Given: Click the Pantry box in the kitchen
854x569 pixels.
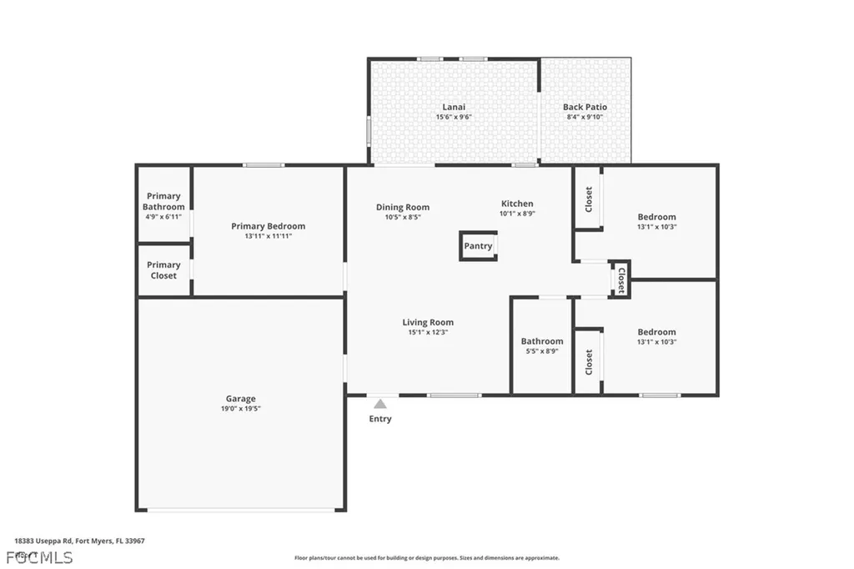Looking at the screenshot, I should [x=478, y=246].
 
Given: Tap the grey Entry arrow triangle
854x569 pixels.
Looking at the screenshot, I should [x=380, y=404].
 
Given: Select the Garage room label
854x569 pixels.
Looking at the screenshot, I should [x=240, y=399].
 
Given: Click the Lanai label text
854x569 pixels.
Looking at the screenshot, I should [x=454, y=107].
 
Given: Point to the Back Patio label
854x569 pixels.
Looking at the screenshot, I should [x=585, y=107].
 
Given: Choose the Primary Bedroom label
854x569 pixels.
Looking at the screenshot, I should [x=268, y=226].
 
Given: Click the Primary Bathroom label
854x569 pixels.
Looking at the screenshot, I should [x=163, y=201].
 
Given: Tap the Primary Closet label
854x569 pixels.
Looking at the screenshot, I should [x=163, y=269].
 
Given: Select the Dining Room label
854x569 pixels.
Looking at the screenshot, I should [x=403, y=207].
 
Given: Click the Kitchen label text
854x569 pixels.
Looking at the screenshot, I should [x=517, y=204].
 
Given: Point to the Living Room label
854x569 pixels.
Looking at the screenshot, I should [x=428, y=322].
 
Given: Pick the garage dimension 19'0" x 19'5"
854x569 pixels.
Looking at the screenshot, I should [x=240, y=409].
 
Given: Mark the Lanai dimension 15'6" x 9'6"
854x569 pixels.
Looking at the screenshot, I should [x=454, y=117].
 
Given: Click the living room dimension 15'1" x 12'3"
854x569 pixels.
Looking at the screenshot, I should [x=428, y=332].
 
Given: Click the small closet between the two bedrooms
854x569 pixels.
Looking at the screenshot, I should [x=620, y=279].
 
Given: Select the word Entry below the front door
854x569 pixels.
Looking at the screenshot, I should [x=380, y=419].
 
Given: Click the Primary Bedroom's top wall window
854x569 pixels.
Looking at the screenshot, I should [x=264, y=165].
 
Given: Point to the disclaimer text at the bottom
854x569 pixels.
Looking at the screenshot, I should [x=426, y=557].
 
